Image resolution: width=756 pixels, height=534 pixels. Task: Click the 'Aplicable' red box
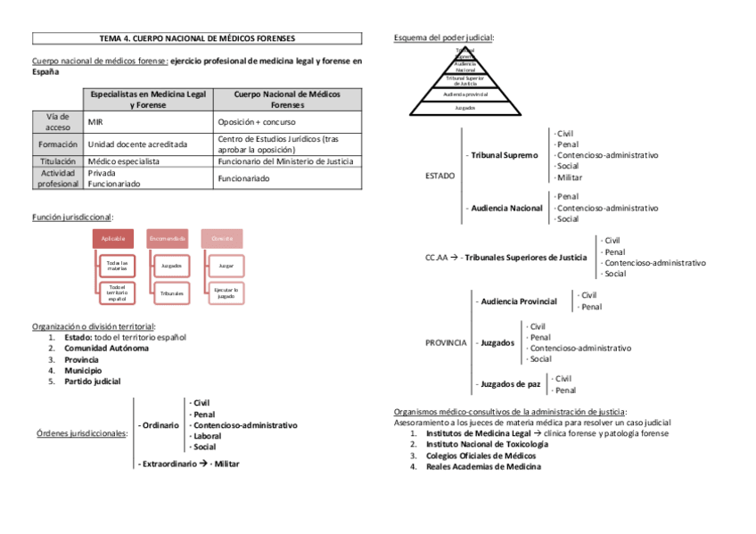tap(113, 238)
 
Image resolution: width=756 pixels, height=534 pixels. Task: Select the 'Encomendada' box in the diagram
tap(167, 238)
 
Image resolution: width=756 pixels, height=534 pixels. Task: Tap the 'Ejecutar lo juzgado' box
tap(226, 292)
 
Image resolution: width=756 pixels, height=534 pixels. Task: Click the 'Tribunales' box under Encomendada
tap(172, 292)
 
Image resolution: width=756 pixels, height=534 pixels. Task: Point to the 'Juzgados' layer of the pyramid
tap(464, 107)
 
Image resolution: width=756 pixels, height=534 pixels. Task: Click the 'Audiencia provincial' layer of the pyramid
tap(464, 93)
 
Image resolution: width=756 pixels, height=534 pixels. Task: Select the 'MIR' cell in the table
tap(95, 121)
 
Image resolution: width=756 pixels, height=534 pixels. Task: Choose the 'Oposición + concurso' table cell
tap(257, 121)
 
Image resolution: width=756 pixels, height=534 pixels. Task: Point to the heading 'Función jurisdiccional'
tap(71, 217)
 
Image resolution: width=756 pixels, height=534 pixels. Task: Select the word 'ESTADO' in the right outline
tap(440, 176)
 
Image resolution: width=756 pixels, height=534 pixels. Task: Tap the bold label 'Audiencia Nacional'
tap(506, 208)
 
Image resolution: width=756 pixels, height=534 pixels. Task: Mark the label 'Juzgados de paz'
tap(510, 384)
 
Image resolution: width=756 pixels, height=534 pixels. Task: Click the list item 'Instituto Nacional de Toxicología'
tap(487, 444)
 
